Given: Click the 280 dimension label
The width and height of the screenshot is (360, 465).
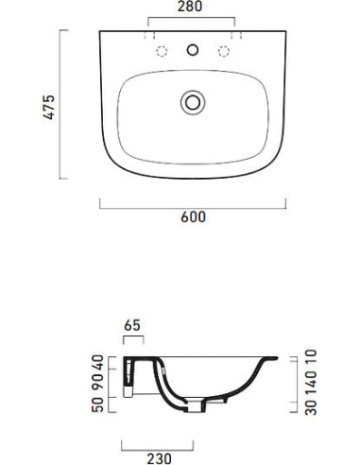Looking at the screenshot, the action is pyautogui.click(x=190, y=7).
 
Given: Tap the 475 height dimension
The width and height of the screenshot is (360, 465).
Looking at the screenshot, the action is pyautogui.click(x=49, y=107).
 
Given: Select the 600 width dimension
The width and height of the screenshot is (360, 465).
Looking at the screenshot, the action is pyautogui.click(x=193, y=217).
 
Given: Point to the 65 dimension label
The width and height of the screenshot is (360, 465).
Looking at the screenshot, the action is pyautogui.click(x=132, y=325).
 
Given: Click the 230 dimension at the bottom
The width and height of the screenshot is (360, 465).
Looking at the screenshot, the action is pyautogui.click(x=160, y=458).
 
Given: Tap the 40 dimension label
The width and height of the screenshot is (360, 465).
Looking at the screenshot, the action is pyautogui.click(x=97, y=363).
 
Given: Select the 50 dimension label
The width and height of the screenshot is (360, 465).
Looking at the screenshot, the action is pyautogui.click(x=97, y=405).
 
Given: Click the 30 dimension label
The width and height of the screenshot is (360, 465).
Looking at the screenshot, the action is pyautogui.click(x=311, y=407).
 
